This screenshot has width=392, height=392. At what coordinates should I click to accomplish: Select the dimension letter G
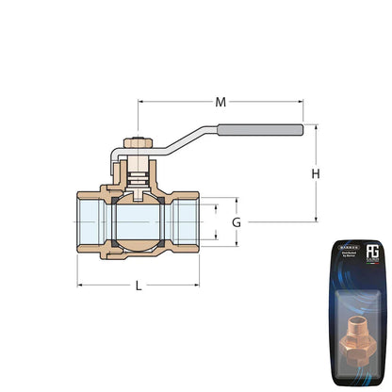click(x=237, y=222)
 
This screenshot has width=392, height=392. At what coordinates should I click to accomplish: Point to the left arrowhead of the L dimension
click(x=80, y=284)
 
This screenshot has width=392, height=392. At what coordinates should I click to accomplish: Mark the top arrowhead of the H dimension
click(x=317, y=128)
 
